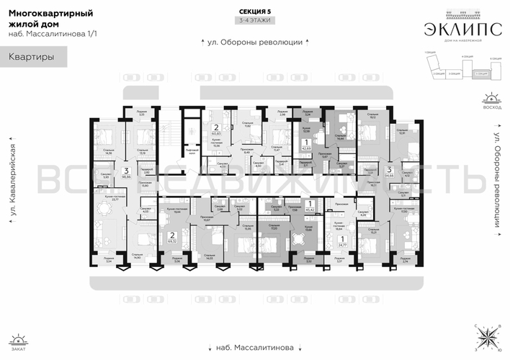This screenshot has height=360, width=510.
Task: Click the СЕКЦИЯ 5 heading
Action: tap(254, 12)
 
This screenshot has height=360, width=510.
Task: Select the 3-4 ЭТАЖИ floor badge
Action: tap(254, 22)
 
